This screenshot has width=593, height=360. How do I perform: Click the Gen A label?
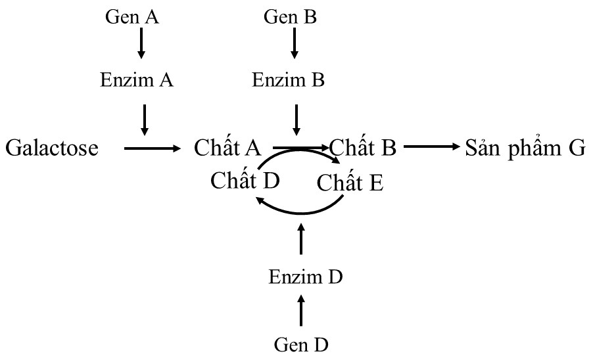[x=132, y=16]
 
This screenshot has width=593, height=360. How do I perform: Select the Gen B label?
[x=290, y=16]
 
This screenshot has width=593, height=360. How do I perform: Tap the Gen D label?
[x=300, y=344]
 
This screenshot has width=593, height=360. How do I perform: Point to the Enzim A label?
[x=137, y=80]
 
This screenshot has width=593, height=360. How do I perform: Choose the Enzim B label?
[x=289, y=80]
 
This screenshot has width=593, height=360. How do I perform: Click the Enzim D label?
[x=306, y=277]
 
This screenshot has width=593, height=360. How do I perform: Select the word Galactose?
[x=52, y=148]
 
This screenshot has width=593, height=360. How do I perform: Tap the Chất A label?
[x=228, y=148]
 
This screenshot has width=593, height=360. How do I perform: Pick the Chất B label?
[x=363, y=148]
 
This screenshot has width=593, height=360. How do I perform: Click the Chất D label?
[x=245, y=179]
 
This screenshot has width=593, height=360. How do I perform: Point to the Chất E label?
[x=350, y=182]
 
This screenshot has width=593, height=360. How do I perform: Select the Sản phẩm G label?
[x=525, y=148]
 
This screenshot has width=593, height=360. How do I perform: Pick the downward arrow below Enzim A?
[x=145, y=118]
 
